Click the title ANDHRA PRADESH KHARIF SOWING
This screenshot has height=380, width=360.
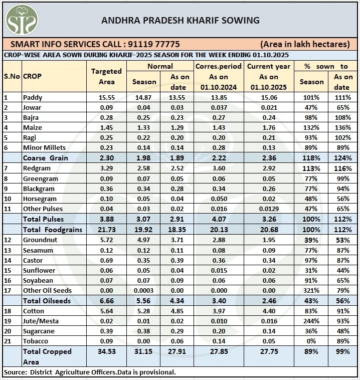181,21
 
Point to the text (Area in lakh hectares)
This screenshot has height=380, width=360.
305,44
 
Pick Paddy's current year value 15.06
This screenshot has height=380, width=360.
269,97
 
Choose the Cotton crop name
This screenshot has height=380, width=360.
33,311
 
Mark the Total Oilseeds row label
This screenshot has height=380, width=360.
48,300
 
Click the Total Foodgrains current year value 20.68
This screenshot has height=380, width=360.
269,230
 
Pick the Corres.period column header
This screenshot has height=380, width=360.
218,66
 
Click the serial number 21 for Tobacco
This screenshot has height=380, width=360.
7,341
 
